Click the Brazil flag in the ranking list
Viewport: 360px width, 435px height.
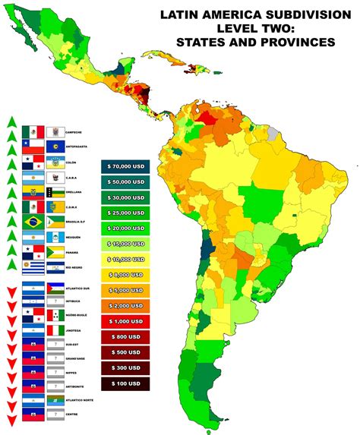click(x=33, y=222)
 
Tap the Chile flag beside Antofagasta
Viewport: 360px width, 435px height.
click(x=33, y=146)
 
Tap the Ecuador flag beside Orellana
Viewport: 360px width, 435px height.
click(x=33, y=191)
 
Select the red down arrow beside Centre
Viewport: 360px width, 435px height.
click(x=11, y=419)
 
